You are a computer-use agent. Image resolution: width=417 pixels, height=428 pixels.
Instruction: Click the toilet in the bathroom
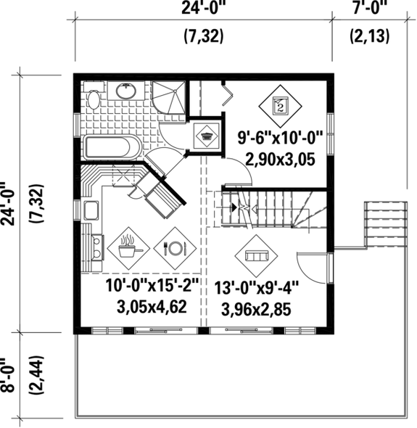coord(93,98)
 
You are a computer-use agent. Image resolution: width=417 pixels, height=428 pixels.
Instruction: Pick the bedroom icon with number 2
coord(280,105)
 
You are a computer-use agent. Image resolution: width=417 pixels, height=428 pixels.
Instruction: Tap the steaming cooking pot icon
coord(126,248)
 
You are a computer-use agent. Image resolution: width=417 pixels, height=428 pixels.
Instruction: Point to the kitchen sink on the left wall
coord(91,211)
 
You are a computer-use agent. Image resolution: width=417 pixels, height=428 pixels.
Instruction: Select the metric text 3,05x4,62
coord(152,306)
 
